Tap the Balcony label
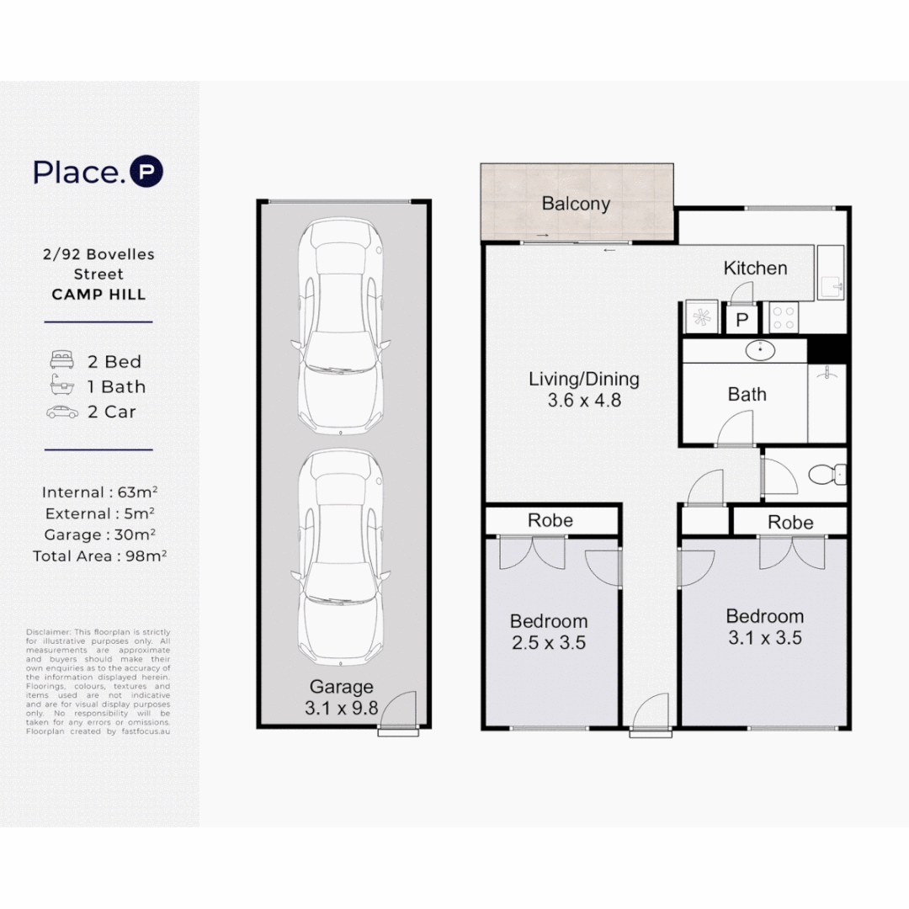576,204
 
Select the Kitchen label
755,268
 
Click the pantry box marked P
742,320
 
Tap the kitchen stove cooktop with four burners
784,318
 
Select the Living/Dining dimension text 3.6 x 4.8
584,401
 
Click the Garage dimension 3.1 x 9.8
341,708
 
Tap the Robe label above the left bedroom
550,520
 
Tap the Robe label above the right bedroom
790,523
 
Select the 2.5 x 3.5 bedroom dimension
549,643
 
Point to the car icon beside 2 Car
61,412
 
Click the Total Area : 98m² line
98,556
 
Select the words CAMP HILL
98,295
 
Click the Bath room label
747,394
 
